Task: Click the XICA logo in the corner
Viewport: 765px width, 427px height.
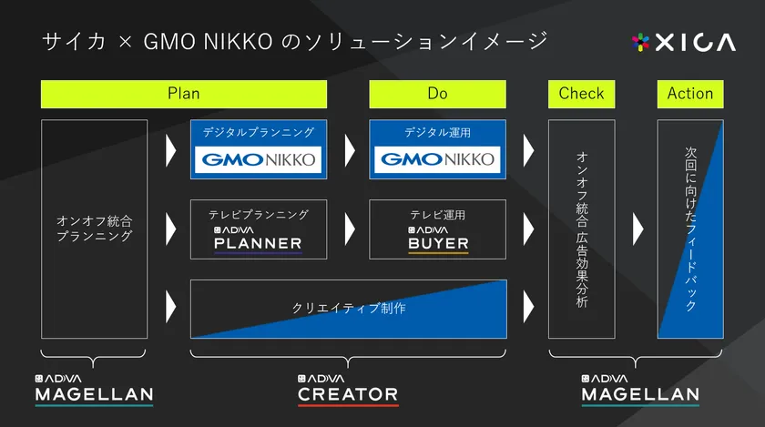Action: pyautogui.click(x=684, y=43)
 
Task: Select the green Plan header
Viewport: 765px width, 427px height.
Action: pyautogui.click(x=184, y=94)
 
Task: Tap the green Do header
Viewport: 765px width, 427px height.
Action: pyautogui.click(x=438, y=94)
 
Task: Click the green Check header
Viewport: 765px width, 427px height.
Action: pyautogui.click(x=582, y=94)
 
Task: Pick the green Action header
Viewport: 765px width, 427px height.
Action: pyautogui.click(x=690, y=94)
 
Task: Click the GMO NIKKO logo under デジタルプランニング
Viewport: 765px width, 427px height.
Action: pyautogui.click(x=258, y=159)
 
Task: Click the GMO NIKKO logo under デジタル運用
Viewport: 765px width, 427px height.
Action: pyautogui.click(x=437, y=159)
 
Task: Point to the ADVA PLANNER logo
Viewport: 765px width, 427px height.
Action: pyautogui.click(x=258, y=239)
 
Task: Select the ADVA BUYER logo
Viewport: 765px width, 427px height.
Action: pyautogui.click(x=438, y=239)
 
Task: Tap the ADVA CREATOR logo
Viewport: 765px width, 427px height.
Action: pyautogui.click(x=348, y=391)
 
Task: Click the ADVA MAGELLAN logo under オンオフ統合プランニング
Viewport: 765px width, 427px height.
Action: pyautogui.click(x=94, y=391)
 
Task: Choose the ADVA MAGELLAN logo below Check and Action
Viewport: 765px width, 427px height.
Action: pyautogui.click(x=640, y=391)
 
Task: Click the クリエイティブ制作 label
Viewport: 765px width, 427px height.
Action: pyautogui.click(x=348, y=308)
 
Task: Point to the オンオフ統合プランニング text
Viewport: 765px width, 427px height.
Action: pyautogui.click(x=94, y=229)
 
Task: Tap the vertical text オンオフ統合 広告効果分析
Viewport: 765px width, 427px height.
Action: pyautogui.click(x=582, y=229)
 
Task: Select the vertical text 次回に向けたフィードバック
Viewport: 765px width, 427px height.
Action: pyautogui.click(x=690, y=229)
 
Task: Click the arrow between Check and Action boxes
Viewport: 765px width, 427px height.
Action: pyautogui.click(x=637, y=229)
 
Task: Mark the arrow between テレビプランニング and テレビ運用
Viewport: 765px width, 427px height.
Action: pyautogui.click(x=350, y=229)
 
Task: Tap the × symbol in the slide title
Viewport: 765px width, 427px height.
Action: pyautogui.click(x=126, y=43)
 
